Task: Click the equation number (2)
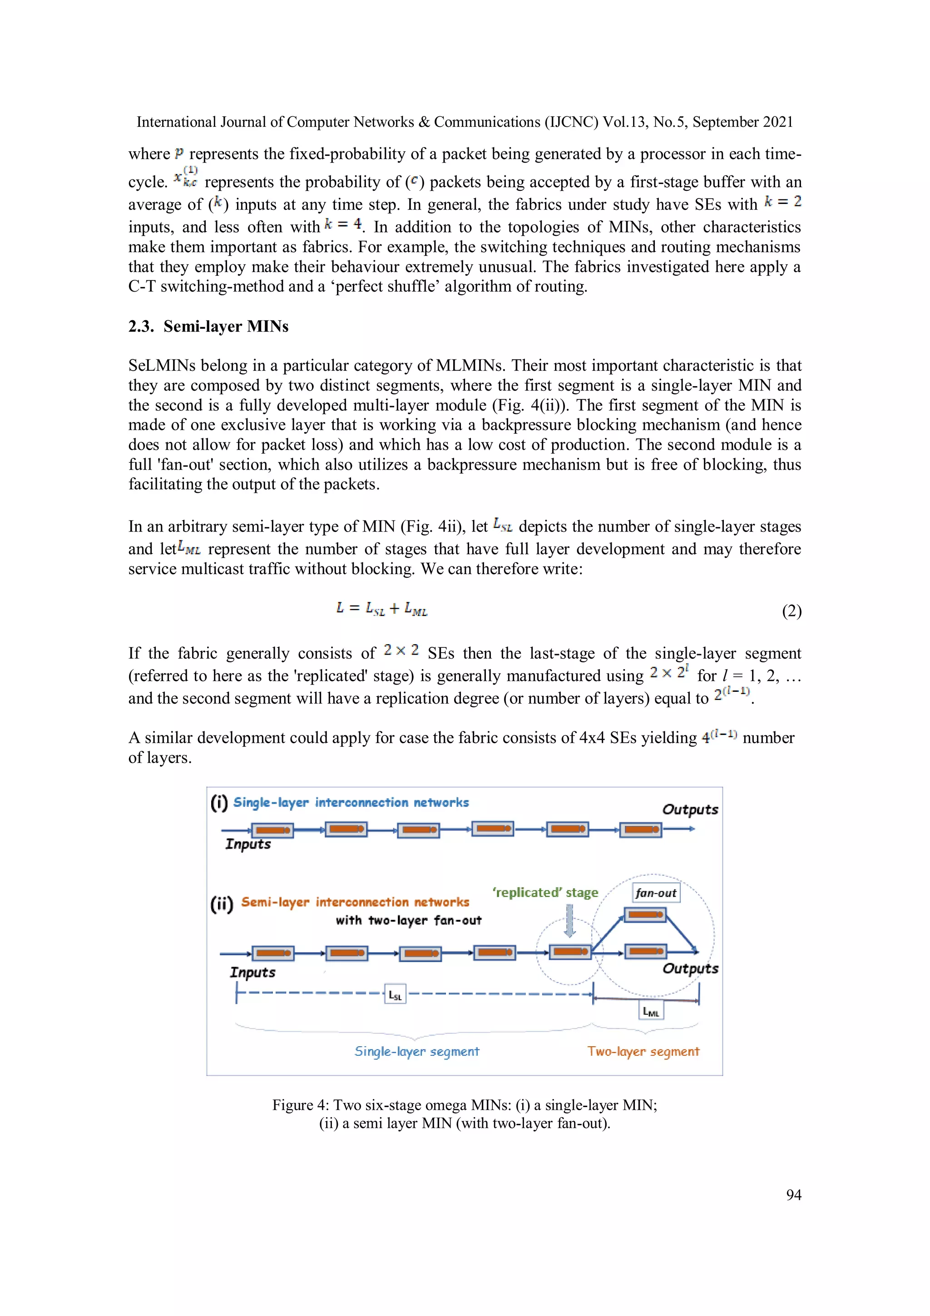(791, 611)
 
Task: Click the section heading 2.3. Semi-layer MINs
(208, 326)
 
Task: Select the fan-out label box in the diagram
(656, 893)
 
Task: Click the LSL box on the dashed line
(395, 995)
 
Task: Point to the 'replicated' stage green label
(545, 893)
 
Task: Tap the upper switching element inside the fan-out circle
(645, 915)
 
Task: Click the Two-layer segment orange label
(643, 1051)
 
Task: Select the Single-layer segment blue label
(416, 1051)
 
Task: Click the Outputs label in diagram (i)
(690, 809)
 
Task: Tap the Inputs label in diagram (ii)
(252, 972)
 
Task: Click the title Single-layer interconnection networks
(351, 802)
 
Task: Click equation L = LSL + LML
(381, 609)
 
